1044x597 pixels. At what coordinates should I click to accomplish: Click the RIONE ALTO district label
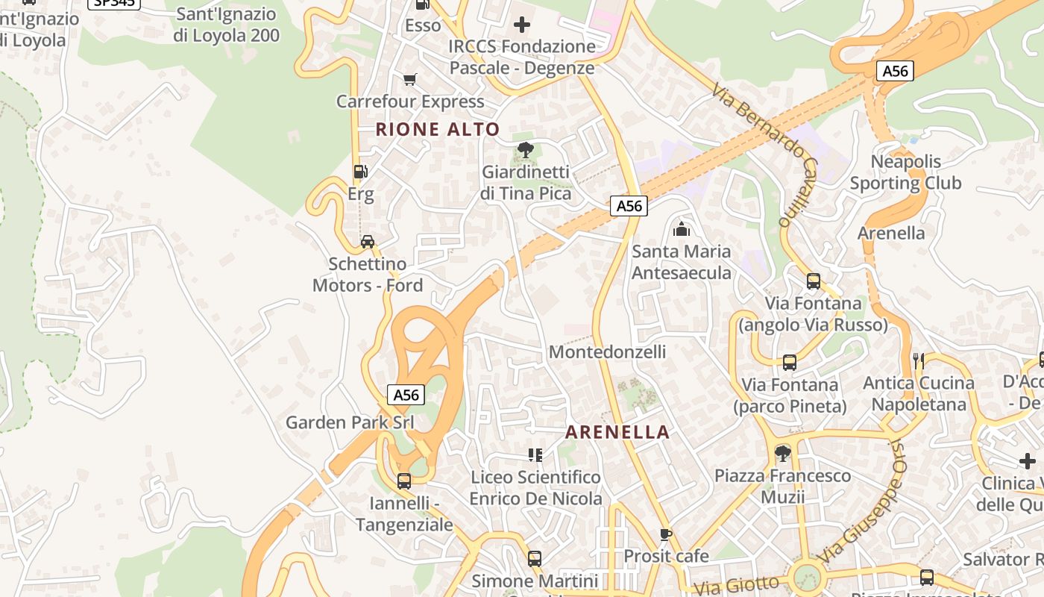[x=438, y=129]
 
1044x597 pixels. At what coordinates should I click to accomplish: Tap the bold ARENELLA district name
[x=617, y=432]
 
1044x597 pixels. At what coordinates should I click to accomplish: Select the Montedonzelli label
[x=607, y=351]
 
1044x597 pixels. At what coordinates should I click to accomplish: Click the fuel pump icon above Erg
[x=360, y=172]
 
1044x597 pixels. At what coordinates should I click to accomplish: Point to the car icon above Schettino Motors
[x=368, y=241]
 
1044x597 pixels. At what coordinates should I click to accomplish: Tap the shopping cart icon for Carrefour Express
[x=409, y=79]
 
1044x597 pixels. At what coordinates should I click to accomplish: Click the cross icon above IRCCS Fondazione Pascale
[x=522, y=25]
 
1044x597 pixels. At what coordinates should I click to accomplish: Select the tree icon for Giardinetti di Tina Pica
[x=526, y=150]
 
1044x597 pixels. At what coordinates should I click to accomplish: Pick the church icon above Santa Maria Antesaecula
[x=681, y=229]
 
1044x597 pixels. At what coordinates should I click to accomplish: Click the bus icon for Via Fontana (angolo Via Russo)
[x=814, y=281]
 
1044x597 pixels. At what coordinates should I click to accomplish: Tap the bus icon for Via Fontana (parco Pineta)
[x=790, y=363]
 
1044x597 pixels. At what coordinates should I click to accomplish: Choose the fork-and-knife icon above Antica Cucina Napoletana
[x=919, y=360]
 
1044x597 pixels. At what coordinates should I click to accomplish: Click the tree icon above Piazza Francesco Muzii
[x=782, y=453]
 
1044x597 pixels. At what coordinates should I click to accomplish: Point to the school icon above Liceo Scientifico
[x=535, y=454]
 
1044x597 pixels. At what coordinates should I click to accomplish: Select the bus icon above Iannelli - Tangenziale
[x=404, y=481]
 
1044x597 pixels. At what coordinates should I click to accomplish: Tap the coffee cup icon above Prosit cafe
[x=666, y=534]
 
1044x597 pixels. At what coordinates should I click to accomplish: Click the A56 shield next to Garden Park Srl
[x=406, y=395]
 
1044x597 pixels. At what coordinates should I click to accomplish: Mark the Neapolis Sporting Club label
[x=905, y=172]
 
